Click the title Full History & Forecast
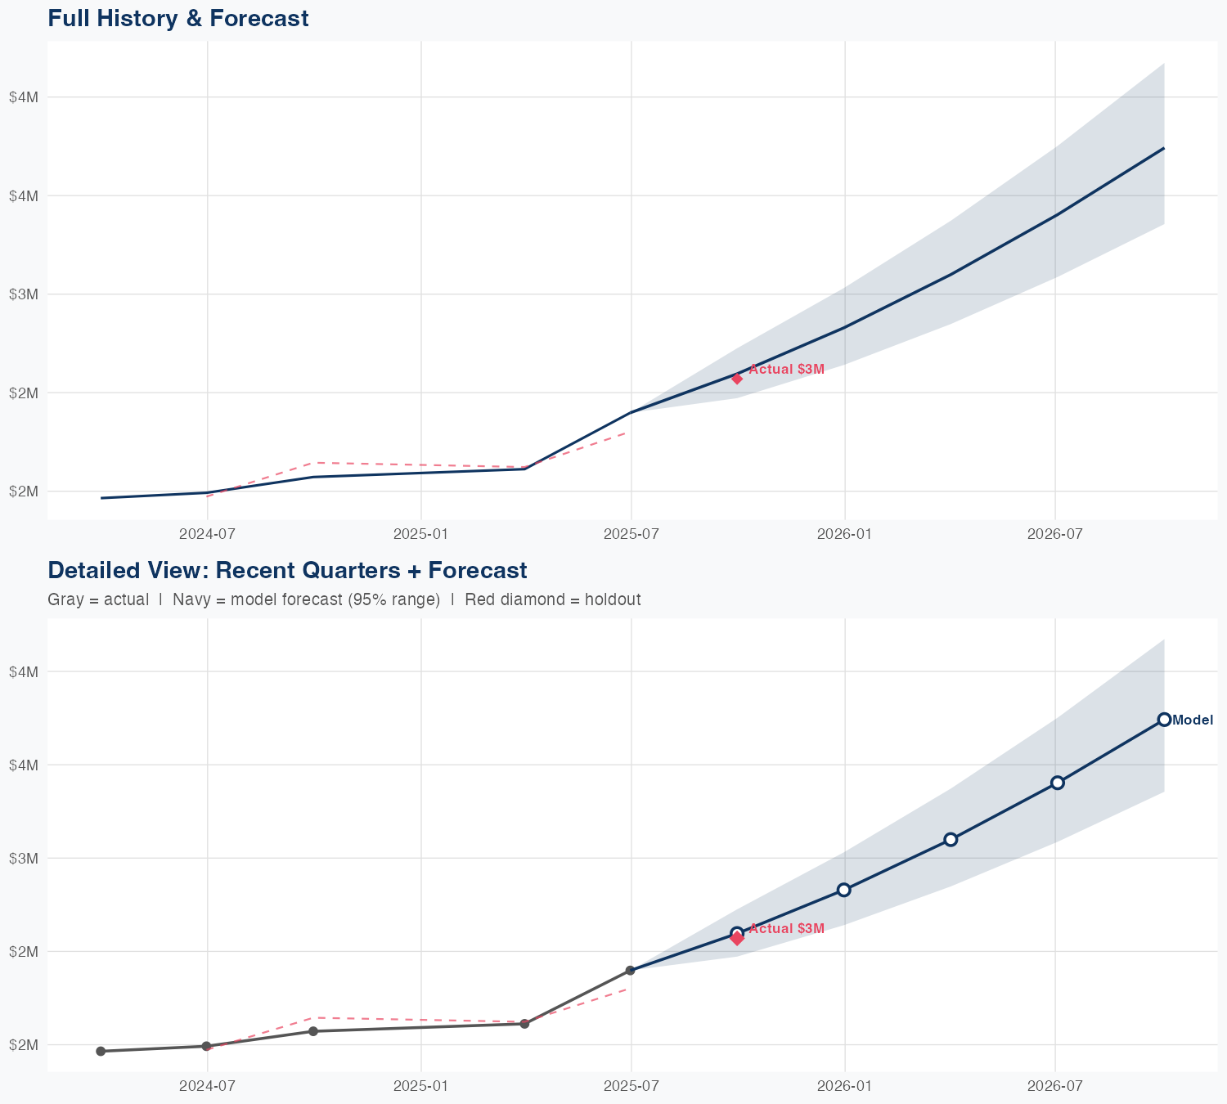178,18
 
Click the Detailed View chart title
287,570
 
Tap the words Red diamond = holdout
552,599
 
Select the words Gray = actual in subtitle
98,599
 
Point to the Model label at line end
1193,720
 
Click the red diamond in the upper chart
737,379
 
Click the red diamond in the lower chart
737,939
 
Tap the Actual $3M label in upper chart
786,369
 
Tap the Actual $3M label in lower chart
786,928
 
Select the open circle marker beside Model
1164,720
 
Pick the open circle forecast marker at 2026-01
844,890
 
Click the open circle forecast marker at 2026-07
1057,783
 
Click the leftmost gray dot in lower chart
101,1052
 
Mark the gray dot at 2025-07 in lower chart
631,971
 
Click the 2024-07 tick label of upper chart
208,534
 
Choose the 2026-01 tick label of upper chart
845,534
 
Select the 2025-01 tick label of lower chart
420,1086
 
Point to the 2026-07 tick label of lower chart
1055,1086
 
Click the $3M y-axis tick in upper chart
24,294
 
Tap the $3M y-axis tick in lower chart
24,858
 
